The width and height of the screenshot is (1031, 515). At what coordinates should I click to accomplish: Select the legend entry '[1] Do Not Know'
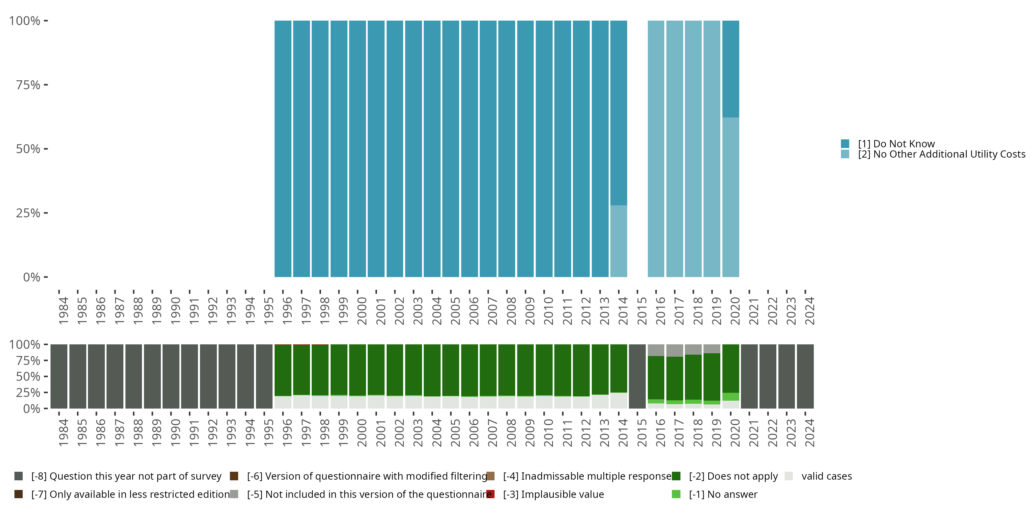896,144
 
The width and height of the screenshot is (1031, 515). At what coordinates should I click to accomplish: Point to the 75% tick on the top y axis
46,85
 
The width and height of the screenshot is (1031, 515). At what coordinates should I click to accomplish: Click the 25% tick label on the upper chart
28,213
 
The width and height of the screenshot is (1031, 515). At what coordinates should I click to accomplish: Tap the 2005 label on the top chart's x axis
455,311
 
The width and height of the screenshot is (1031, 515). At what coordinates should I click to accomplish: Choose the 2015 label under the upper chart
642,311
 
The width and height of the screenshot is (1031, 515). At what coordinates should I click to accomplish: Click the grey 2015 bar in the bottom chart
637,376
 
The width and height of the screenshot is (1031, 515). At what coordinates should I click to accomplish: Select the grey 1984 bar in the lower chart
59,376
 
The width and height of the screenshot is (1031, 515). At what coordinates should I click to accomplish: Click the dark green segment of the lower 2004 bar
432,370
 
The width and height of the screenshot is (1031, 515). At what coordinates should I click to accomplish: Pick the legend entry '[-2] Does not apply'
733,476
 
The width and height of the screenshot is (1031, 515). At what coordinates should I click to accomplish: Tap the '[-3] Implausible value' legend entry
553,494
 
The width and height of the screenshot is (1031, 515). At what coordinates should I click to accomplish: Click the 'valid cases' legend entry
826,476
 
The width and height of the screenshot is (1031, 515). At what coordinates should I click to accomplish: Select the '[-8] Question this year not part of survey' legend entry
126,476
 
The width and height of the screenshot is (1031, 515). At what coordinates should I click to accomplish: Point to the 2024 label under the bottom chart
809,433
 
